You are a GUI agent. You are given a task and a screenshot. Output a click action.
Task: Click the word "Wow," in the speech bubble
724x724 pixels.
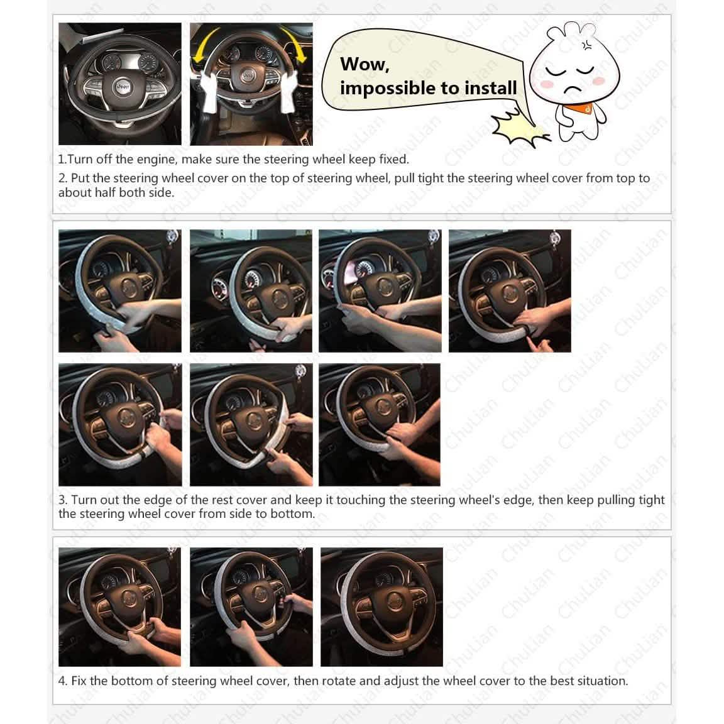point(365,65)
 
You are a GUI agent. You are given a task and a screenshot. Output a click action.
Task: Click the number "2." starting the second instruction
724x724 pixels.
point(63,178)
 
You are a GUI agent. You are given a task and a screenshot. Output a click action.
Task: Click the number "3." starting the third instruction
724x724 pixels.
point(63,500)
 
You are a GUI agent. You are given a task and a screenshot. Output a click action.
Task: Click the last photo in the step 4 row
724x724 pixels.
point(381,606)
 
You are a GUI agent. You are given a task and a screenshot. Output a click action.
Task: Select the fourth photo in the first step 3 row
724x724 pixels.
point(510,290)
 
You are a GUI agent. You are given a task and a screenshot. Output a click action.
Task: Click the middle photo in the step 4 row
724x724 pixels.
point(251,606)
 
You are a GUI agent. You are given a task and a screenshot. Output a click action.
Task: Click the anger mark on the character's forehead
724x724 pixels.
point(586,45)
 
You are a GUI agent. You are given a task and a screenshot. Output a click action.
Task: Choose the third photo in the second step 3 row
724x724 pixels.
point(380,425)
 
